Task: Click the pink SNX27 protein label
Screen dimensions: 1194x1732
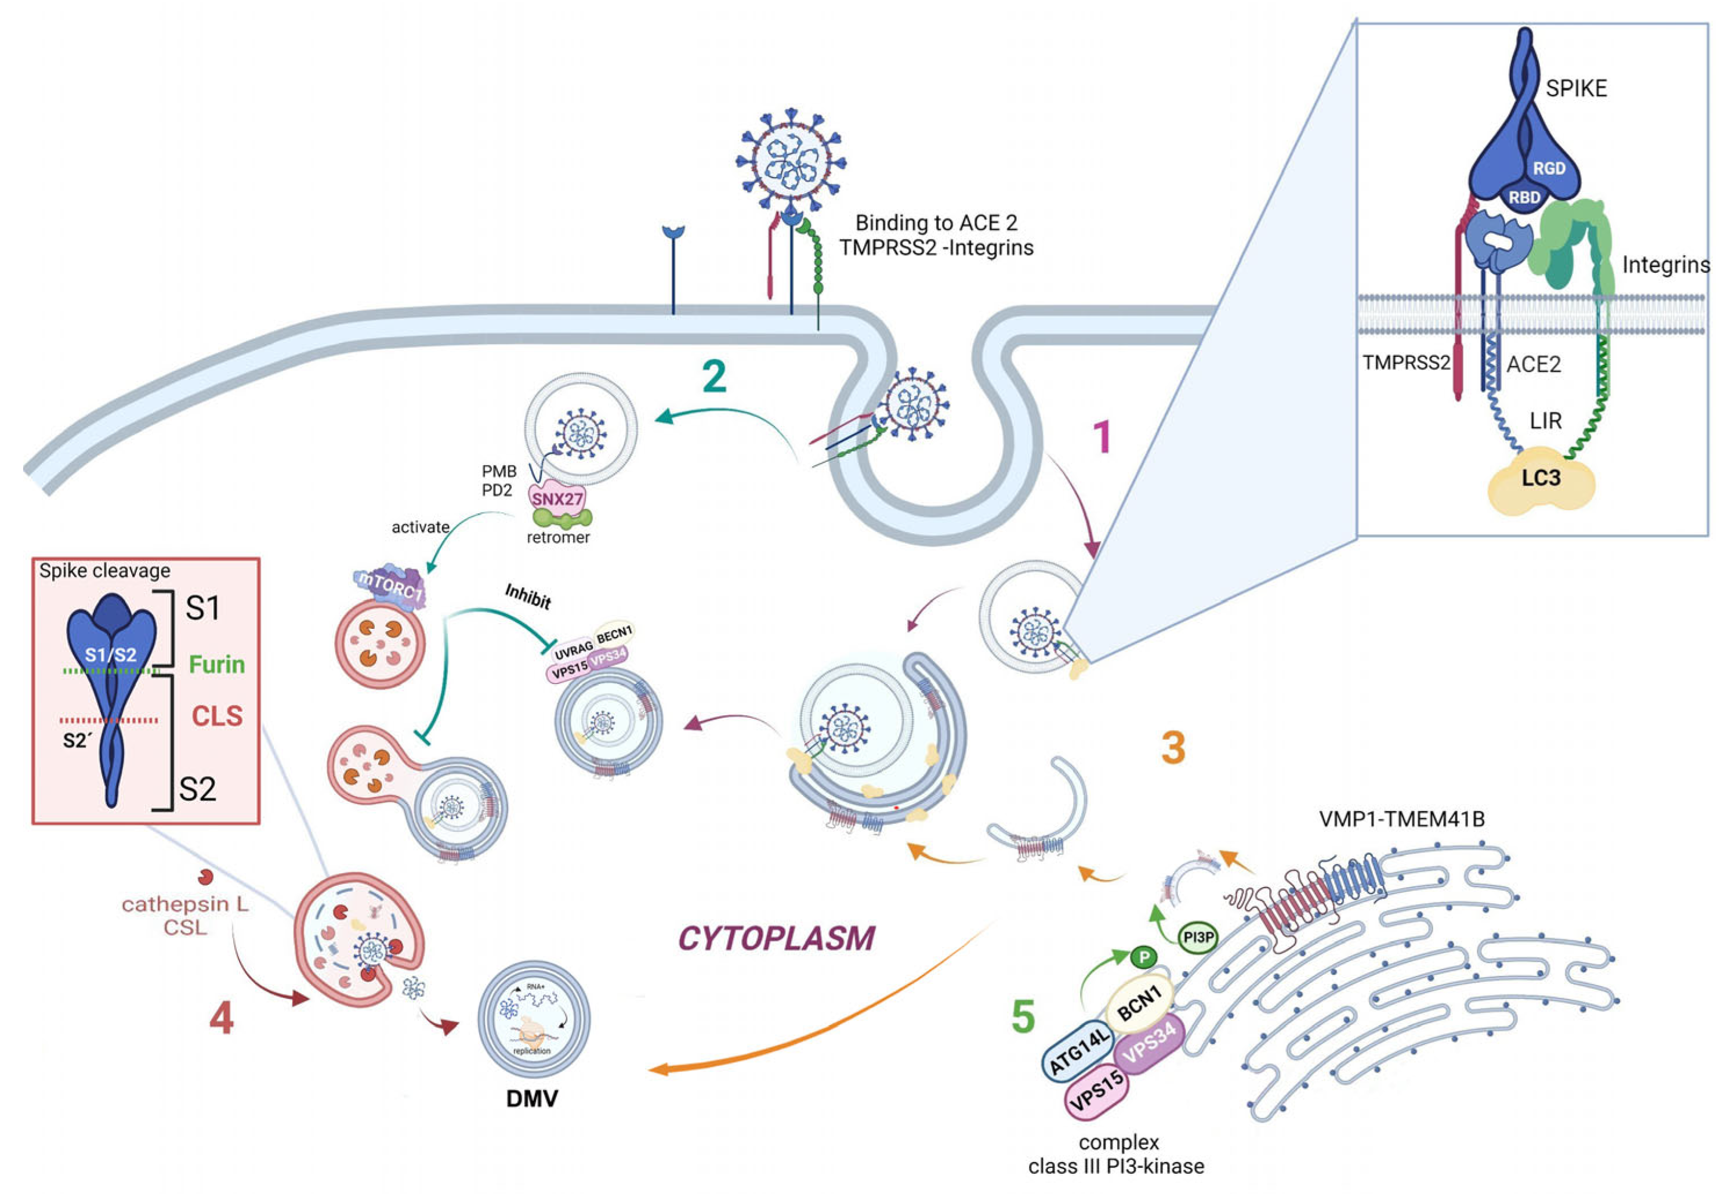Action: tap(557, 498)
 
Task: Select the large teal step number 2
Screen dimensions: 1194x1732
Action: tap(714, 377)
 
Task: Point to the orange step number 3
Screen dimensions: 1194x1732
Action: tap(1173, 747)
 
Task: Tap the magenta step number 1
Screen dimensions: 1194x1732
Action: tap(1102, 437)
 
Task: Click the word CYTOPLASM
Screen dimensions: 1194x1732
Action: tap(776, 938)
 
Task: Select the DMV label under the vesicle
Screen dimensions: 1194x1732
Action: tap(532, 1098)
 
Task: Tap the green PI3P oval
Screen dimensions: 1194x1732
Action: tap(1197, 936)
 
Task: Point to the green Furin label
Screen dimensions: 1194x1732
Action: tap(217, 664)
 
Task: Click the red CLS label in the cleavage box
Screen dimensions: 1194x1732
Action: tap(217, 716)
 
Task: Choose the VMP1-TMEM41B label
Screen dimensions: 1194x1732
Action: tap(1401, 819)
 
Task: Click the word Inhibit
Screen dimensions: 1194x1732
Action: tap(528, 596)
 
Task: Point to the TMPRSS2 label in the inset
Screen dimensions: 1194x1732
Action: tap(1406, 363)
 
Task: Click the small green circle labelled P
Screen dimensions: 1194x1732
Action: tap(1143, 957)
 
